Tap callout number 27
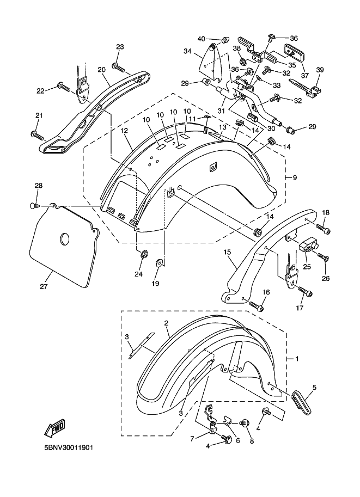(x=43, y=286)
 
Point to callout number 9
(x=295, y=177)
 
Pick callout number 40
(x=201, y=39)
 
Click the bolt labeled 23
(x=118, y=67)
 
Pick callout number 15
(x=227, y=253)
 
